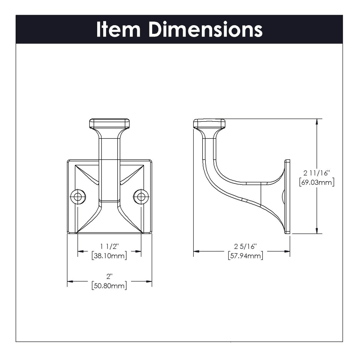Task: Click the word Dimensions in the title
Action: [x=205, y=29]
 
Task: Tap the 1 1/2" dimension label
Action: [x=109, y=247]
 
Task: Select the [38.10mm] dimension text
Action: [x=109, y=256]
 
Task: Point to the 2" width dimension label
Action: [x=109, y=277]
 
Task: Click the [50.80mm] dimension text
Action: [x=109, y=286]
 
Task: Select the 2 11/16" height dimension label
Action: [x=317, y=173]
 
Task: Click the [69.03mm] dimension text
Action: [x=317, y=182]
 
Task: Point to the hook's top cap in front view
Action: [x=109, y=123]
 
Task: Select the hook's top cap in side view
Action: [x=209, y=123]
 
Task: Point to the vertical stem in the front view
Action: [x=109, y=168]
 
